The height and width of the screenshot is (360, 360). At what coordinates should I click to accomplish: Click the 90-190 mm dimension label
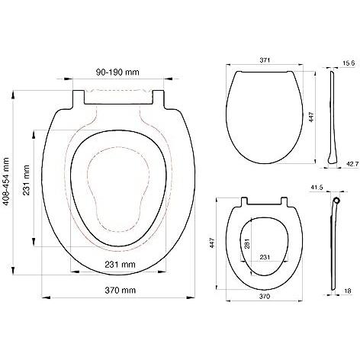pos(117,74)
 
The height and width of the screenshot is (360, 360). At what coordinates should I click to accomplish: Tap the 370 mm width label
pos(121,291)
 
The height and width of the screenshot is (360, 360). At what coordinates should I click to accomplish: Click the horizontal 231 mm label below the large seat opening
pos(120,265)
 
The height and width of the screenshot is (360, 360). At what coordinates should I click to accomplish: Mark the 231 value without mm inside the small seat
pos(264,257)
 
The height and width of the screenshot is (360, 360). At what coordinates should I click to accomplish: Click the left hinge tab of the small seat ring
pos(245,202)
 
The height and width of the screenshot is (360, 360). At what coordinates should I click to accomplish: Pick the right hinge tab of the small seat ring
pos(285,202)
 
